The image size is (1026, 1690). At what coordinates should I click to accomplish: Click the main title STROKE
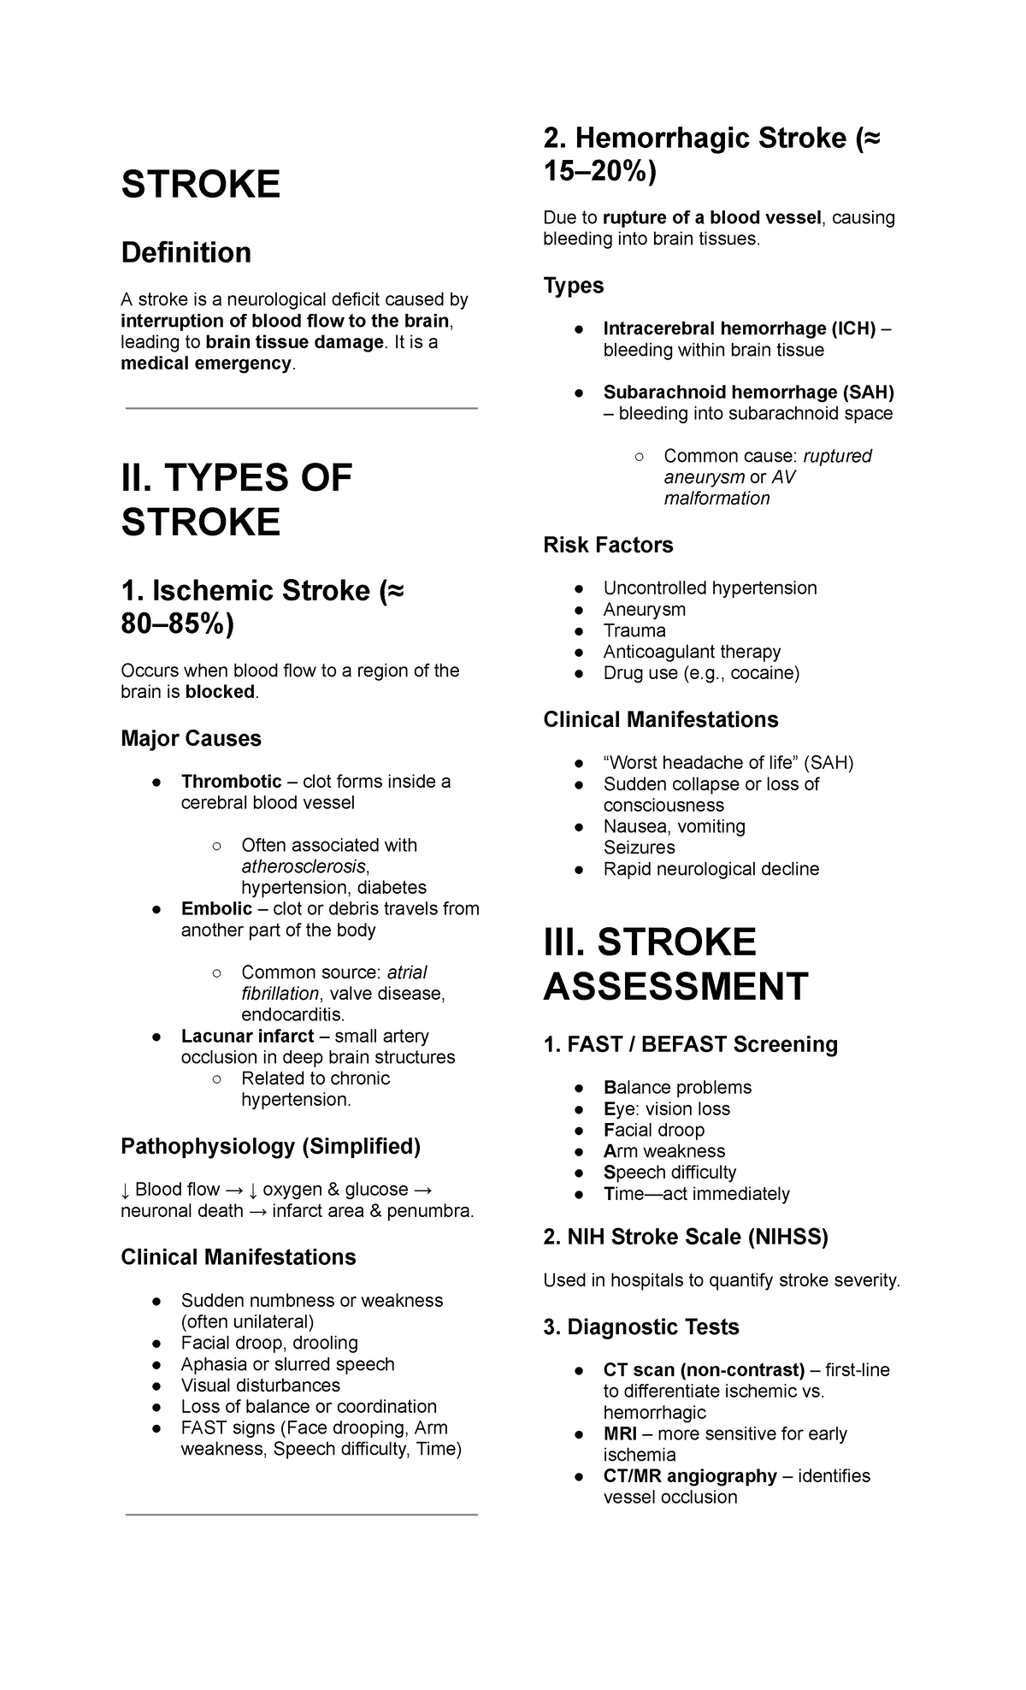[x=201, y=185]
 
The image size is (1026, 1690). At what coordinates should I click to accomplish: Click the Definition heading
[x=186, y=252]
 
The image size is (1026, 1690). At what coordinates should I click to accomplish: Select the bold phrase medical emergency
[x=206, y=363]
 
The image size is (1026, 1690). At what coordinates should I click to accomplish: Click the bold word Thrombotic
[x=231, y=782]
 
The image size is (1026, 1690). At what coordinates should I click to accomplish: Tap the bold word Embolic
[x=216, y=908]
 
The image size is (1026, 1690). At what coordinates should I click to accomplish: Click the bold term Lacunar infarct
[x=247, y=1036]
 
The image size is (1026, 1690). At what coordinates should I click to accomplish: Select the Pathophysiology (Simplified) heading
[x=270, y=1147]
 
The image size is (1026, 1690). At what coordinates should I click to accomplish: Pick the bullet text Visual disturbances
[x=260, y=1385]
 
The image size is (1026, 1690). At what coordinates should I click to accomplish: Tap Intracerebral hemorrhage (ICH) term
[x=739, y=329]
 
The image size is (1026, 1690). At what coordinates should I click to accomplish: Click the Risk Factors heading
[x=608, y=545]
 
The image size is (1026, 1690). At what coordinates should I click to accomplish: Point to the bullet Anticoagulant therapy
[x=692, y=652]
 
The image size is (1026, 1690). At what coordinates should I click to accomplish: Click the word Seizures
[x=639, y=848]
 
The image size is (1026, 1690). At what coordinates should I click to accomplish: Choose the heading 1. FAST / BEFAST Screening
[x=690, y=1044]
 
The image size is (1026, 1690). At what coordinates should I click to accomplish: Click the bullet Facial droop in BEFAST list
[x=653, y=1130]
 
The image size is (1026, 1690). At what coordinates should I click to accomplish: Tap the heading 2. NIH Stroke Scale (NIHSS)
[x=686, y=1237]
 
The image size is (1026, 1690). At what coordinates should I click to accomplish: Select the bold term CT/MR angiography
[x=690, y=1476]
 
